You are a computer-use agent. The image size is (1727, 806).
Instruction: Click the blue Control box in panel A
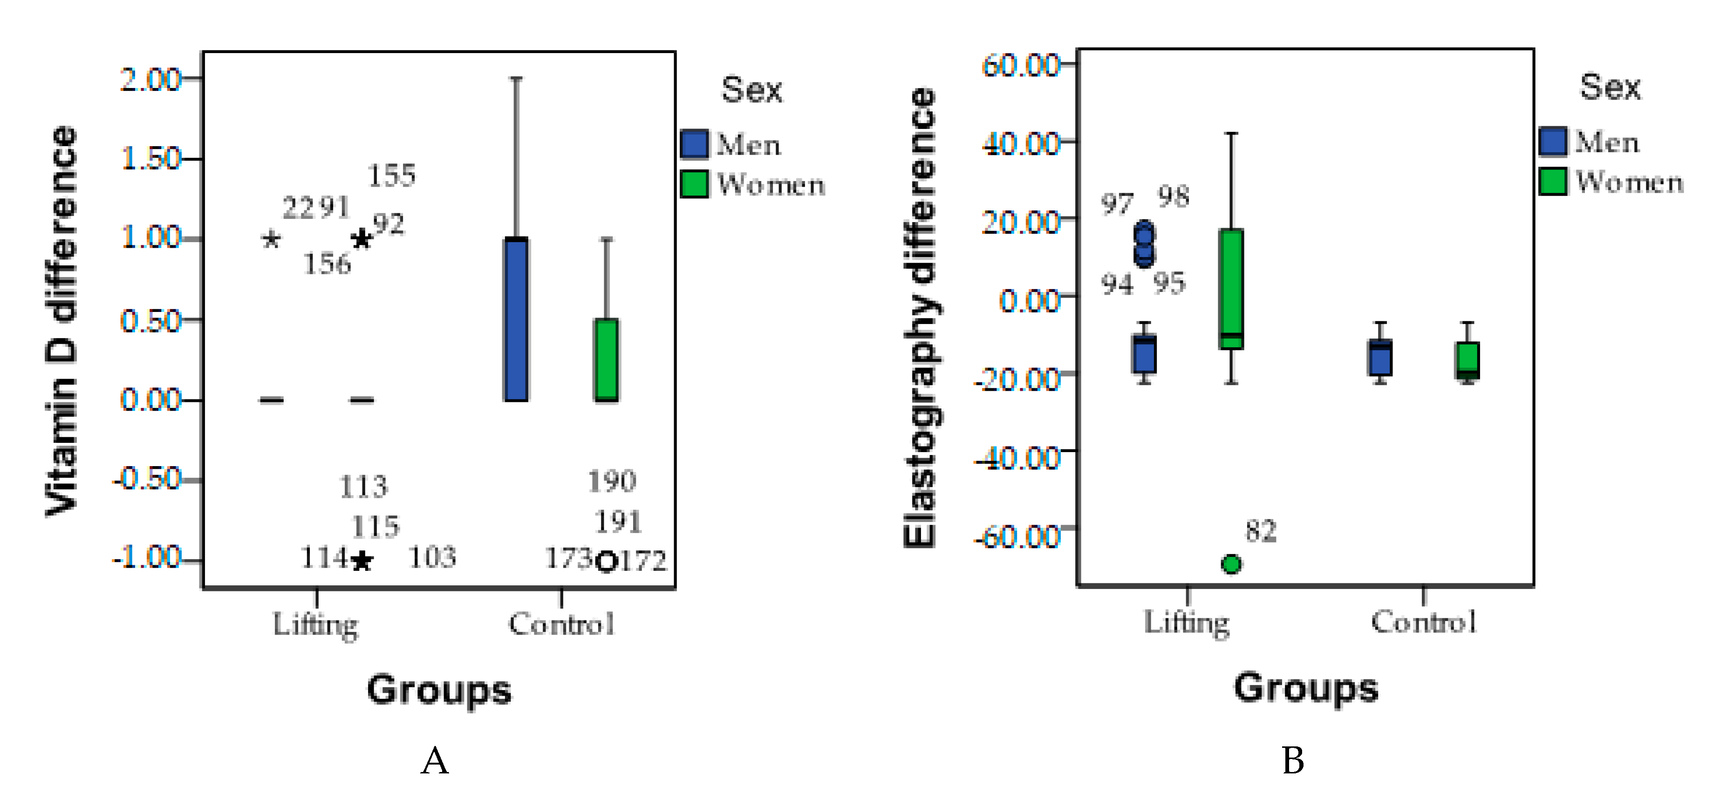coord(516,319)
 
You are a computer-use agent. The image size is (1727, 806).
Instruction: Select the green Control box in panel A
coord(606,360)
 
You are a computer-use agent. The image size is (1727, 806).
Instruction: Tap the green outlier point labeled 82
coord(1231,564)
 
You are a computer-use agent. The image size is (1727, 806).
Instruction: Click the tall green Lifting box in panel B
coord(1231,289)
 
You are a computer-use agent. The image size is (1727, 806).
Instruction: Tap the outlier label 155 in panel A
coord(391,176)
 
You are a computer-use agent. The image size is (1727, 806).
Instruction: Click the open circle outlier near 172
coord(606,562)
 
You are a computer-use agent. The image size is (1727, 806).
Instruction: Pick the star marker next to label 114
coord(362,560)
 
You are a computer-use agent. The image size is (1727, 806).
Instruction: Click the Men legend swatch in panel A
coord(694,144)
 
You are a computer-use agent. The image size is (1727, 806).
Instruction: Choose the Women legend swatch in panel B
coord(1553,182)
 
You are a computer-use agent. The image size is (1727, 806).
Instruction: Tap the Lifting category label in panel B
coord(1187,623)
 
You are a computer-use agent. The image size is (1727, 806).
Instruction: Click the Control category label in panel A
coord(561,624)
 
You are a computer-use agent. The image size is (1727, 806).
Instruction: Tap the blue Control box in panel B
coord(1380,358)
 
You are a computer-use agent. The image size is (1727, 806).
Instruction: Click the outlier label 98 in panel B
coord(1173,196)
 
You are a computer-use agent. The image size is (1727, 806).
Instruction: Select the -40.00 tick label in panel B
coord(1017,458)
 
